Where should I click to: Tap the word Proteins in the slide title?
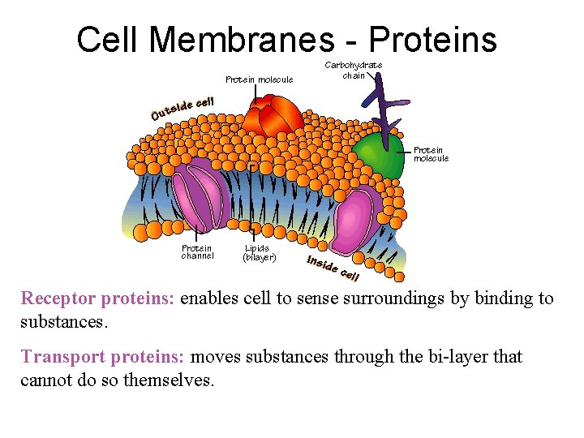[x=434, y=39]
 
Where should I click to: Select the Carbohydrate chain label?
[x=354, y=70]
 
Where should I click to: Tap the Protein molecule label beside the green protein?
[x=431, y=154]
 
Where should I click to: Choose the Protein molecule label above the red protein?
[x=259, y=79]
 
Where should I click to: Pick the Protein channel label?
[x=197, y=251]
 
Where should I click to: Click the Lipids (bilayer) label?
[x=260, y=252]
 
